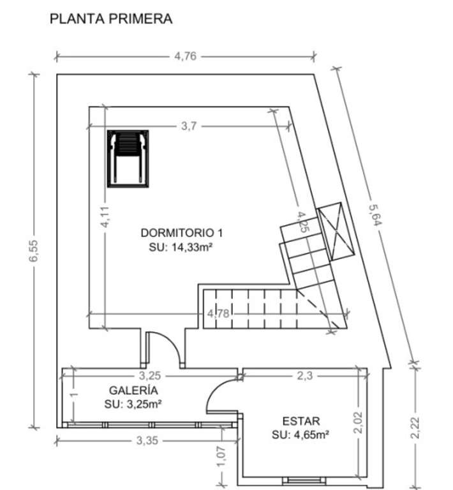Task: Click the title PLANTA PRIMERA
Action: [111, 19]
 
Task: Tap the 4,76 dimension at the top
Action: [185, 56]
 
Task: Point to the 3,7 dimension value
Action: [189, 126]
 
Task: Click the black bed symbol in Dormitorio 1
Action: [128, 159]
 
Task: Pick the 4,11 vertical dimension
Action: [105, 216]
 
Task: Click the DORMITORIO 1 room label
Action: [182, 233]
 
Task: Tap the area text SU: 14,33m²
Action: [181, 247]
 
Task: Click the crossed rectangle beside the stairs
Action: [336, 231]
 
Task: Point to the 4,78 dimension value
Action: [218, 313]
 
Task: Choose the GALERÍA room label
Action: [133, 390]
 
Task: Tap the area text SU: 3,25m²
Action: [133, 405]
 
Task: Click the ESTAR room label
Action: [301, 421]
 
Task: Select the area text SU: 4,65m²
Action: [301, 434]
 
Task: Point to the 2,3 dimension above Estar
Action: [304, 375]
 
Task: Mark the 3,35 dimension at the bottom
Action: [147, 441]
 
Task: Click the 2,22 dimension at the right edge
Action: [415, 428]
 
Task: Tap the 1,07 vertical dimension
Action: [221, 457]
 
